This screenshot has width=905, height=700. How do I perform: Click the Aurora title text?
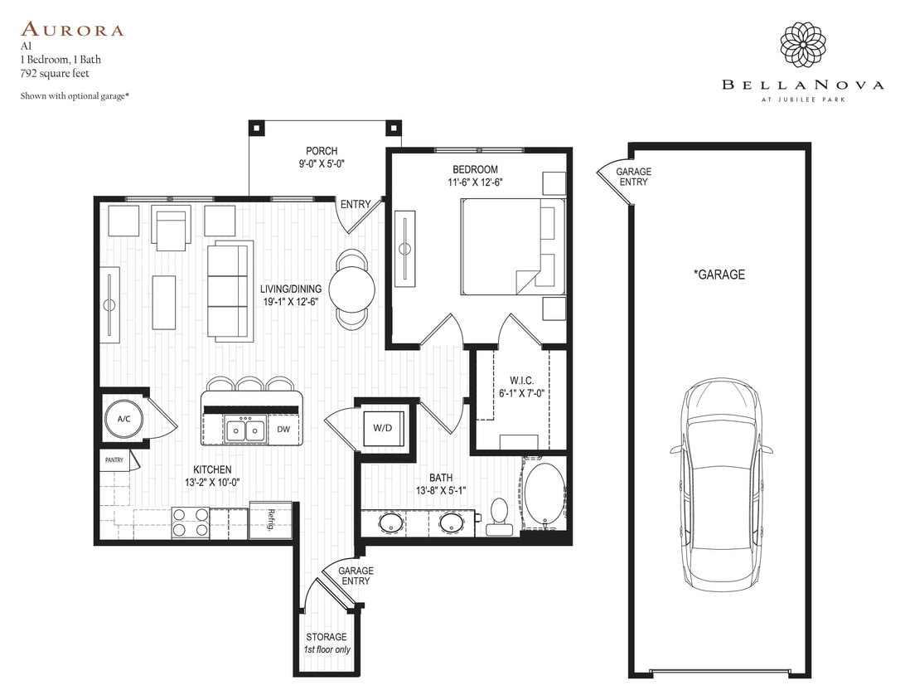tap(72, 31)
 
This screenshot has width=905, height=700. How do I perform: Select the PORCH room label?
tap(322, 151)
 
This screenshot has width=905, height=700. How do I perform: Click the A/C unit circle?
tap(123, 419)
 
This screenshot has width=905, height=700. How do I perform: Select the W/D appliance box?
tap(382, 429)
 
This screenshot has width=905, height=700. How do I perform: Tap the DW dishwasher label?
tap(283, 430)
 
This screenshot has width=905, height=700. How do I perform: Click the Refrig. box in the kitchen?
tap(270, 520)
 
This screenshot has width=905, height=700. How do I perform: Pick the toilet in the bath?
tap(499, 512)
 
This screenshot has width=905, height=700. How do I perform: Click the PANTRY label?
tap(114, 459)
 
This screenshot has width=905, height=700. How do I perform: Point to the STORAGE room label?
tap(327, 637)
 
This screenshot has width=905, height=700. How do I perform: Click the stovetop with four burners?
tap(190, 522)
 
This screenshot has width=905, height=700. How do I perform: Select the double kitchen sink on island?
tap(246, 430)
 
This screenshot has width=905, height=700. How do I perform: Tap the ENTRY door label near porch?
tap(355, 204)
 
